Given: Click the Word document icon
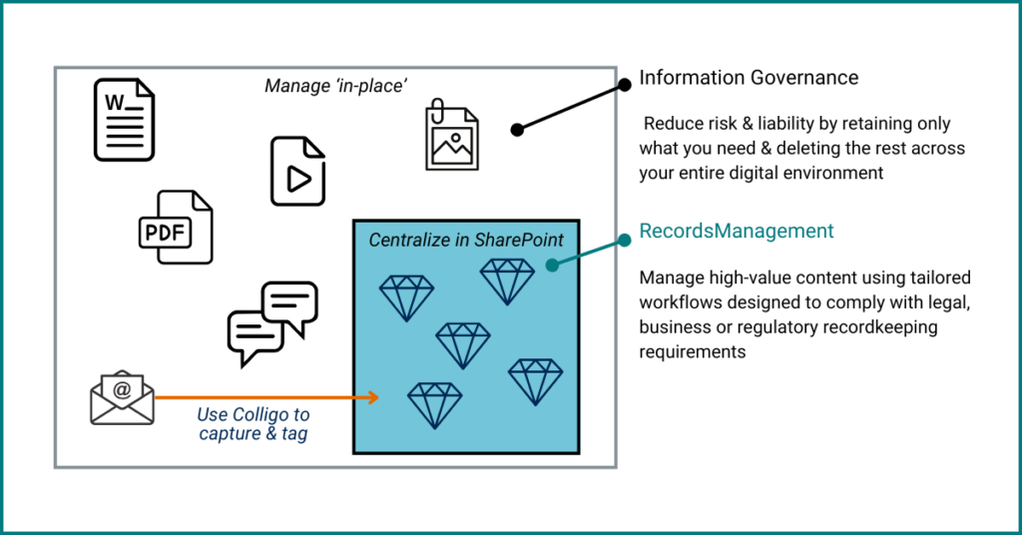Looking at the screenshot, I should click(x=124, y=120).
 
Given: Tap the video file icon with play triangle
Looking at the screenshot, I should click(x=297, y=172).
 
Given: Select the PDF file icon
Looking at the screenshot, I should click(x=176, y=228).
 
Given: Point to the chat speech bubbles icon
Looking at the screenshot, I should click(x=272, y=322).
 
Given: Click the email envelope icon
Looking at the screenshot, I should click(x=122, y=397).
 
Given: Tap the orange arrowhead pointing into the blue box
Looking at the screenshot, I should click(x=373, y=398).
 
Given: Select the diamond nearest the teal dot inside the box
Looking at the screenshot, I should click(x=507, y=280).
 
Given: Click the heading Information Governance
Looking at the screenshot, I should click(x=749, y=78).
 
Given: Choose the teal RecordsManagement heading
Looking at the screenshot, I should click(x=737, y=232).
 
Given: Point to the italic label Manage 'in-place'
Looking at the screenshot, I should click(x=335, y=86).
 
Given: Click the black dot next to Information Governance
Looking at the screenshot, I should click(x=624, y=86).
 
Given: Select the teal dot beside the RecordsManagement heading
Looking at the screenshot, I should click(x=624, y=240).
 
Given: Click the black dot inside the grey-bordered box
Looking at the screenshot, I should click(x=517, y=129).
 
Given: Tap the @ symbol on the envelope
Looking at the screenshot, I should click(x=122, y=390).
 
